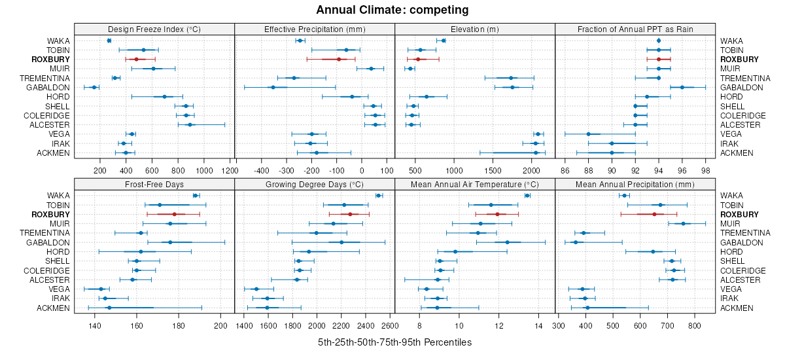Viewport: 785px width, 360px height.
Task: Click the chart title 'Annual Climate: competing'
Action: (392, 10)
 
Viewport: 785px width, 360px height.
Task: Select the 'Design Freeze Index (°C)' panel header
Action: (154, 29)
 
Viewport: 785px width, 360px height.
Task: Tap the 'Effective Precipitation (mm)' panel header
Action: (314, 29)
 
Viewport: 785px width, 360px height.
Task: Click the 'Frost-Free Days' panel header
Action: (154, 184)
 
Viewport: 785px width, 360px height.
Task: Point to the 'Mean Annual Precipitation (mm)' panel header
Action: (635, 184)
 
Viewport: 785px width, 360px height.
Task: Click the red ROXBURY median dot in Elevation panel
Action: (418, 60)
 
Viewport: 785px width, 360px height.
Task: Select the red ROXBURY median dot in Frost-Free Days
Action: (175, 214)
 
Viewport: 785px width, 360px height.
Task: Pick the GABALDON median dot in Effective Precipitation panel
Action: (273, 87)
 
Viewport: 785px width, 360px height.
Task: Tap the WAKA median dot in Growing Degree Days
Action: (378, 195)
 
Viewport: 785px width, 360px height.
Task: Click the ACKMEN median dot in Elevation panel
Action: (536, 153)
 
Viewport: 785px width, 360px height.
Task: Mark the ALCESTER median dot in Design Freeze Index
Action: (190, 124)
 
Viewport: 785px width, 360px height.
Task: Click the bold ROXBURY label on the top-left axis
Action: (50, 60)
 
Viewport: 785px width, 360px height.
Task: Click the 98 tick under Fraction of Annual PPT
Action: (705, 170)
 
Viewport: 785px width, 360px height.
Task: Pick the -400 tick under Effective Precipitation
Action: (261, 170)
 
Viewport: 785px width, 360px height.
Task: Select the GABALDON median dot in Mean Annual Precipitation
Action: (576, 242)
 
